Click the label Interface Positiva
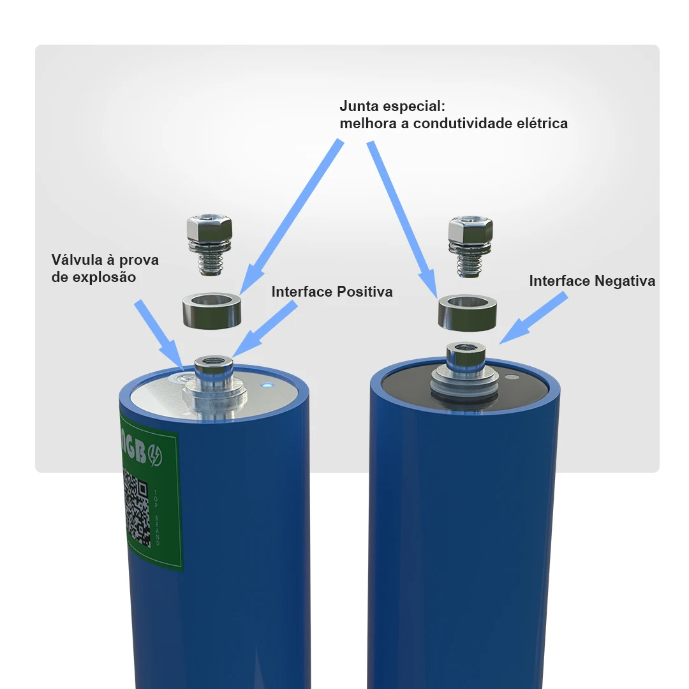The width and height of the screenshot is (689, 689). coord(332,292)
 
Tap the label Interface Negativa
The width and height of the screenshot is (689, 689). coord(592,281)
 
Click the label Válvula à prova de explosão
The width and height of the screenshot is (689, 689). coord(105,269)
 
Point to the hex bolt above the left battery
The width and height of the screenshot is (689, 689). coord(209,246)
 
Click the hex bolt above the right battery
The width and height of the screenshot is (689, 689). coord(470,246)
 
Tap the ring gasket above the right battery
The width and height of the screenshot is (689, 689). coord(467,312)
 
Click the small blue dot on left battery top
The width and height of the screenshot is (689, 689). coord(267,385)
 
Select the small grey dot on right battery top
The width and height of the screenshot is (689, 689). coord(509,377)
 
